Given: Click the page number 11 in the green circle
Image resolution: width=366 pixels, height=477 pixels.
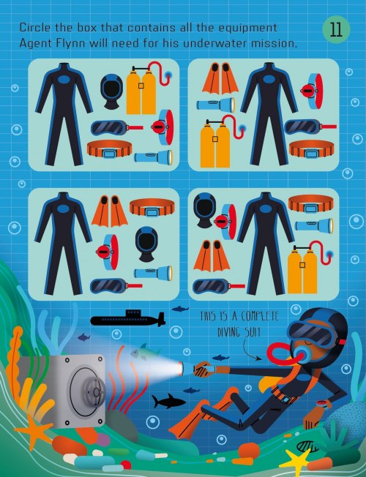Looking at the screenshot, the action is (336, 30).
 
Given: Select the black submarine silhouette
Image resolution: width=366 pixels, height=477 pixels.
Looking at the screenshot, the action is (128, 318).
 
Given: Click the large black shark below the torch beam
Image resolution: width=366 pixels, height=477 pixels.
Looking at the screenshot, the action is (168, 402).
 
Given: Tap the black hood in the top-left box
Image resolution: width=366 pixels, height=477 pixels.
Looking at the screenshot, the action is (112, 91).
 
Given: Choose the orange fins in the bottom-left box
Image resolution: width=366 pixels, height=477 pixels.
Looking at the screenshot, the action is (110, 211).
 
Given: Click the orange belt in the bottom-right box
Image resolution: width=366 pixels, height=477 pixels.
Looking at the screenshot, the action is (311, 203).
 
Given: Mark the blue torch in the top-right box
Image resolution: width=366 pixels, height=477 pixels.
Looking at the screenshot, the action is (216, 105).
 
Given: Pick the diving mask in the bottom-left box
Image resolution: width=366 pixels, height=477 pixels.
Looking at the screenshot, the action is (116, 285).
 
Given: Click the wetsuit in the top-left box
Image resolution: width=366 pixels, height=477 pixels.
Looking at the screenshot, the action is (64, 114).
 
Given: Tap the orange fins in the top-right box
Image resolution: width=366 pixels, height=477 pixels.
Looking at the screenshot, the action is (220, 78).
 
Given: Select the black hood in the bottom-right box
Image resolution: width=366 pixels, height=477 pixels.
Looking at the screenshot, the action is (204, 210).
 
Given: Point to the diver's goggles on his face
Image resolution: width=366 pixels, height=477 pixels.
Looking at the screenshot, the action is (313, 334).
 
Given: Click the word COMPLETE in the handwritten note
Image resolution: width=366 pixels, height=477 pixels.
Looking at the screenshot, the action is (259, 316).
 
